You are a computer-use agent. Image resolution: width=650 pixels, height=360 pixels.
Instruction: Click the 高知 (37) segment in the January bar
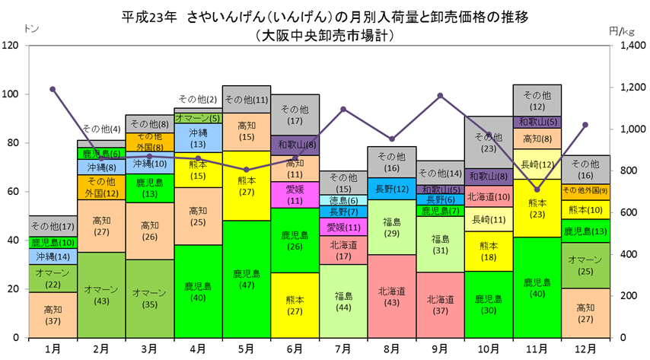[x=53, y=315]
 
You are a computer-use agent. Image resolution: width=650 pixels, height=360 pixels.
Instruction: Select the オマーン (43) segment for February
[x=101, y=295]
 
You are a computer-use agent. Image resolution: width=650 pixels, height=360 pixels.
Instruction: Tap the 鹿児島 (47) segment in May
[x=247, y=279]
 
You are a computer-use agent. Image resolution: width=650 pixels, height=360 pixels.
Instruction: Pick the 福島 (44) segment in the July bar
[x=344, y=301]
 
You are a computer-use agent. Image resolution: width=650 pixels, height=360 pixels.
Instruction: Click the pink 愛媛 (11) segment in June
[x=295, y=195]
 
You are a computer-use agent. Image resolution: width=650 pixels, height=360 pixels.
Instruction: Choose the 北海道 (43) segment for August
[x=392, y=296]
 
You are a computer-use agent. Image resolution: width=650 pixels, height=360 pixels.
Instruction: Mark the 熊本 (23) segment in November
[x=537, y=209]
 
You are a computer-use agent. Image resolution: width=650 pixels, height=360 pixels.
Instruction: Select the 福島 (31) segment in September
[x=440, y=244]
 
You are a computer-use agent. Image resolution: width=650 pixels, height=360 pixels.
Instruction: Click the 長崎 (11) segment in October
[x=489, y=219]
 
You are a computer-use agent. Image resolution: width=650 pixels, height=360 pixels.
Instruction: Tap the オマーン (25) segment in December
[x=586, y=266]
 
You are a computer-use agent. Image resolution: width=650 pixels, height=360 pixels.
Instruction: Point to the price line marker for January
[x=53, y=89]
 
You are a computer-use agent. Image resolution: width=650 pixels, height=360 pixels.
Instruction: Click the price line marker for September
[x=440, y=96]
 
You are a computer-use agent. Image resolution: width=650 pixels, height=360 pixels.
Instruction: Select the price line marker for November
[x=537, y=190]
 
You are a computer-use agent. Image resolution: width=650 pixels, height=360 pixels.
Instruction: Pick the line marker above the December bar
[x=586, y=125]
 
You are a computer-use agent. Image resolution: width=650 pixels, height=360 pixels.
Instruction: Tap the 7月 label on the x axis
[x=344, y=349]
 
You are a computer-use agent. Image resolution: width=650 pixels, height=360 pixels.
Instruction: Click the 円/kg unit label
[x=621, y=31]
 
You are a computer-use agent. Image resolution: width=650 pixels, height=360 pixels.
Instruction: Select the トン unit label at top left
[x=31, y=29]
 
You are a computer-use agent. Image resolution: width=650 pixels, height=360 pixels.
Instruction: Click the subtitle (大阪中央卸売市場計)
[x=325, y=35]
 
